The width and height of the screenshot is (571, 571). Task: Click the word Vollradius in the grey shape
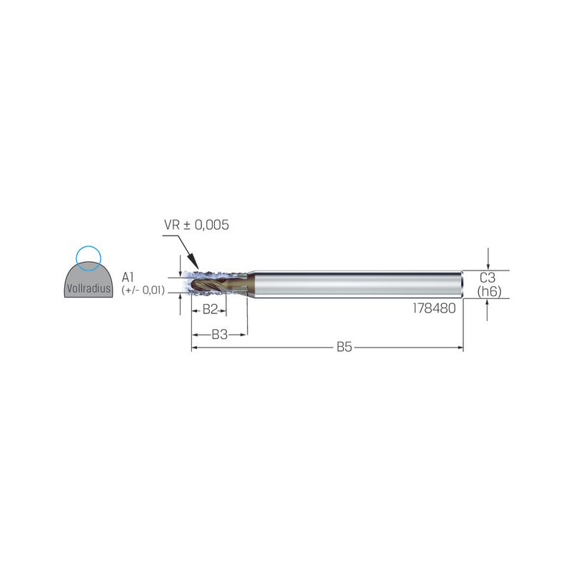click(x=89, y=289)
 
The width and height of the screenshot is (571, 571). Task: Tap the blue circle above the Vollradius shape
click(x=88, y=246)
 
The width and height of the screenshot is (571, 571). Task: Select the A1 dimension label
click(x=128, y=278)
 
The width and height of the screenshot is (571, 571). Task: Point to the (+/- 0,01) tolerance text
click(x=143, y=290)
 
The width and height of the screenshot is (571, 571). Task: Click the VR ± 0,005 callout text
click(x=197, y=225)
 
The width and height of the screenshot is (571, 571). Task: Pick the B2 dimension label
click(x=210, y=310)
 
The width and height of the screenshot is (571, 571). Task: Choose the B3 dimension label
click(x=220, y=334)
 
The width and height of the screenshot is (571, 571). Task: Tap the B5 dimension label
click(x=344, y=347)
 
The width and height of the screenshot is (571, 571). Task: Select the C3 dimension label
click(x=487, y=278)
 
